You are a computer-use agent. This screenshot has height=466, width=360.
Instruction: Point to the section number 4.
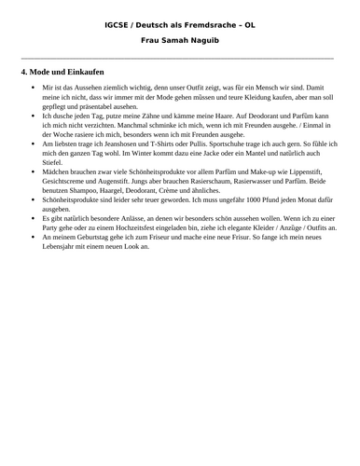23,72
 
